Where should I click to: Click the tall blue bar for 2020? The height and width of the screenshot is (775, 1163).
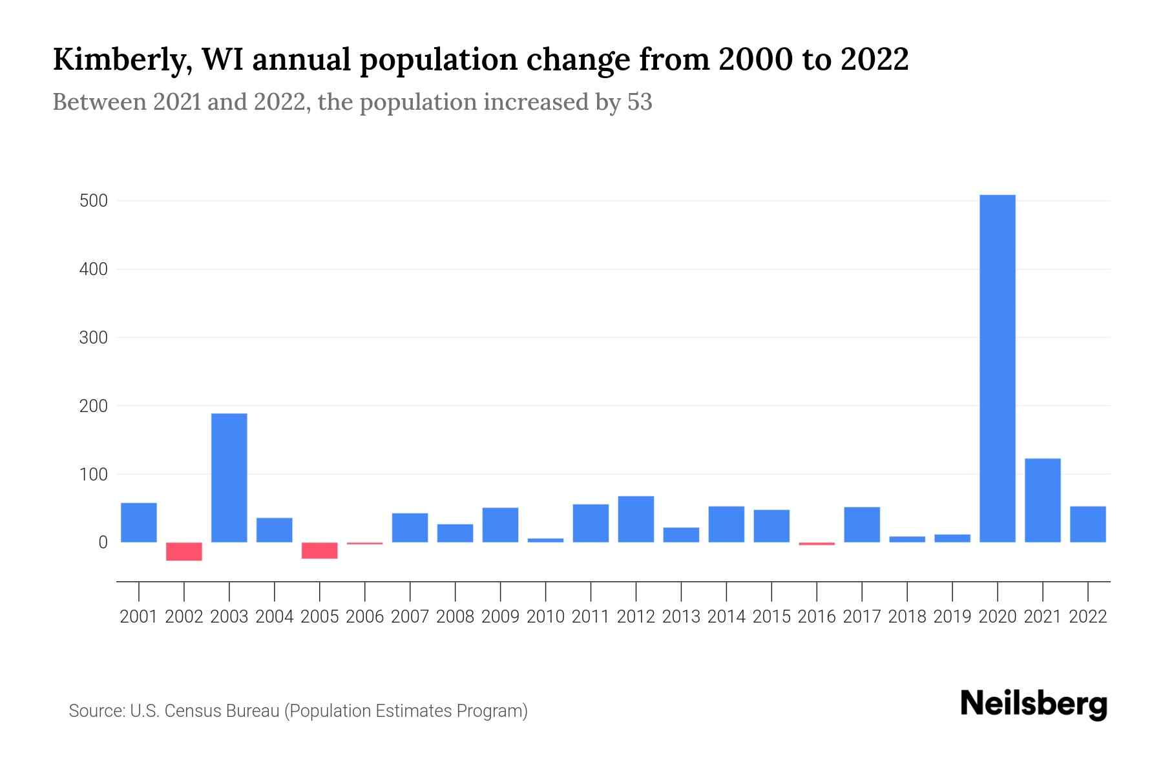[998, 368]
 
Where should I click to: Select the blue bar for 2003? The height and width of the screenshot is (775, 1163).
[229, 478]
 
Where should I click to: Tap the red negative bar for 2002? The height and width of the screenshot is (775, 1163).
[184, 552]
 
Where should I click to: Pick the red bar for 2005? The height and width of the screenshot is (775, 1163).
[320, 550]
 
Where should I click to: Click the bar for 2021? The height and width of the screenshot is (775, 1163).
[1043, 501]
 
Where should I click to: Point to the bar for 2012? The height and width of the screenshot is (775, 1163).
[636, 519]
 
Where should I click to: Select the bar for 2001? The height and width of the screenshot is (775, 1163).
[139, 522]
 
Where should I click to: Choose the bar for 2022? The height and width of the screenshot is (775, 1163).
[1088, 524]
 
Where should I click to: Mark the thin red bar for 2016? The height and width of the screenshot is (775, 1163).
[817, 544]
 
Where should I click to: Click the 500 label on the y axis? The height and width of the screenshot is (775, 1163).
[93, 201]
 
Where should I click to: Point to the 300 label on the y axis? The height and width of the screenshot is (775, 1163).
[93, 338]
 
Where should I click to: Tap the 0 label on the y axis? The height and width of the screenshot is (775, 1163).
[103, 542]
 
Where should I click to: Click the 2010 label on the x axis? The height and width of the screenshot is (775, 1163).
[545, 617]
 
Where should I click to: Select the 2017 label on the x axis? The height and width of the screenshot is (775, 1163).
[862, 617]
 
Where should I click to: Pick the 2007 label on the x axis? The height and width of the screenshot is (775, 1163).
[410, 617]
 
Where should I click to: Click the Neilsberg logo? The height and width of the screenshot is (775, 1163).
[1034, 704]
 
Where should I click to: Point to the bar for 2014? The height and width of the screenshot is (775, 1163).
[726, 524]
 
